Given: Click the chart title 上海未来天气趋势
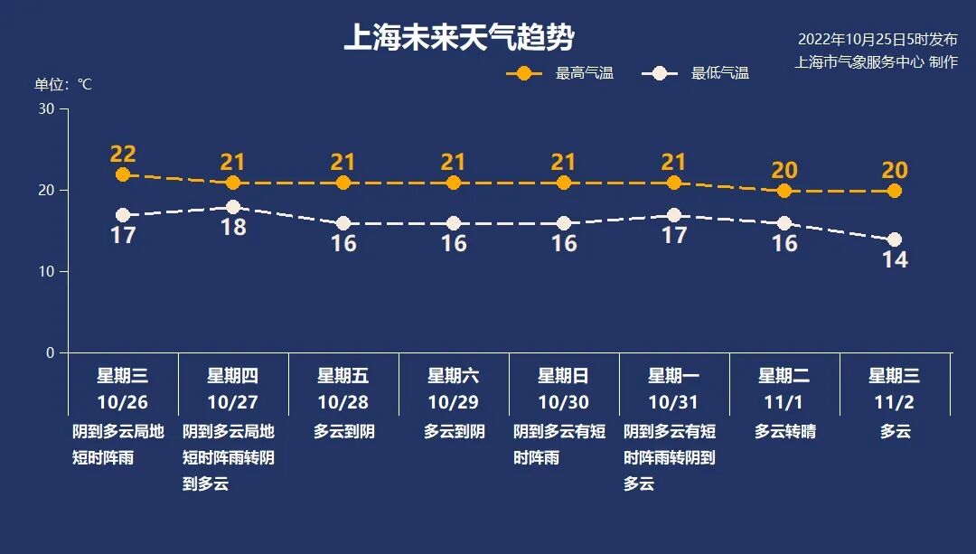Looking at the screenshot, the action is [x=459, y=38].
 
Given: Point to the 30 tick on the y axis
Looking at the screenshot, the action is [x=46, y=109].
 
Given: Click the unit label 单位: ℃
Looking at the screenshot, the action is [x=63, y=84].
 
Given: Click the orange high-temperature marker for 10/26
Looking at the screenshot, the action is [x=123, y=174].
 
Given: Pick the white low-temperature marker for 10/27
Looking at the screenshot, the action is [x=233, y=207].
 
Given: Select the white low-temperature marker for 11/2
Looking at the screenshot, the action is [x=895, y=239].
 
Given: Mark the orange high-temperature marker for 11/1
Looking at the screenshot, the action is [x=784, y=191].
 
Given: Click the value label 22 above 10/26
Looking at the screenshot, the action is [x=123, y=154].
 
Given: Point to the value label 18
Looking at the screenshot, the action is [x=233, y=228].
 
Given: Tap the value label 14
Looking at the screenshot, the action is [x=895, y=260].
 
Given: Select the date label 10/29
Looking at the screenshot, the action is [x=454, y=402].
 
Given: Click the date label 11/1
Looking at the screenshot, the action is [x=784, y=402].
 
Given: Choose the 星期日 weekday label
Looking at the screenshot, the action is [x=563, y=376].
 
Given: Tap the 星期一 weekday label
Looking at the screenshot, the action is [x=673, y=376].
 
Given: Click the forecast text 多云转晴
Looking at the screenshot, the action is [x=784, y=432].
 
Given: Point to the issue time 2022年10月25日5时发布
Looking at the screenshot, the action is [x=877, y=40].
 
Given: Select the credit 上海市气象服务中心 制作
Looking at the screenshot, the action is [x=876, y=62].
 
